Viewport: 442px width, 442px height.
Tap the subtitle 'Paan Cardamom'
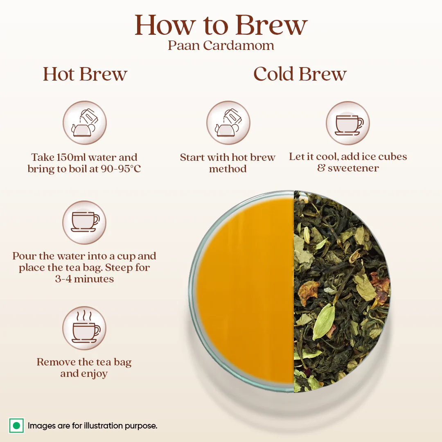(x=221, y=45)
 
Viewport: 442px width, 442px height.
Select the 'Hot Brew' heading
(x=85, y=74)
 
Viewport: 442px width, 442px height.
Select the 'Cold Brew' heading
(x=300, y=74)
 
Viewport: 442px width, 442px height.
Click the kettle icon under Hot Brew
(x=84, y=123)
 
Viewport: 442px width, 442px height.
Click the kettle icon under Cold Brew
(x=228, y=123)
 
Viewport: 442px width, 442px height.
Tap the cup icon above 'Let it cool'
(x=348, y=123)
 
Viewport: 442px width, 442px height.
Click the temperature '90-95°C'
(x=121, y=169)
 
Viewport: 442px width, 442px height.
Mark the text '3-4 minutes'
(x=84, y=279)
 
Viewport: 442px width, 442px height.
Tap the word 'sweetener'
(x=353, y=168)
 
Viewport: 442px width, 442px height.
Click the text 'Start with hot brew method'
(x=228, y=163)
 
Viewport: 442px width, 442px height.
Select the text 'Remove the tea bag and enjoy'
(x=84, y=368)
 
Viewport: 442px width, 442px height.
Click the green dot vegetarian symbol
(x=16, y=426)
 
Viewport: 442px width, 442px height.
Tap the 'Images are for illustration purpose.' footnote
(x=92, y=426)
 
